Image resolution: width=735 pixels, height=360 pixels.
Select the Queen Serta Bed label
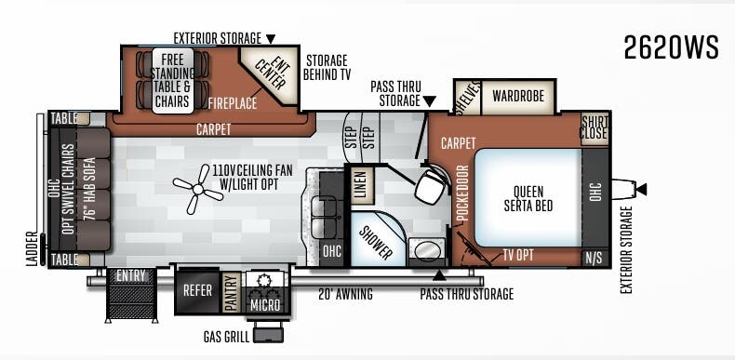pos(528,199)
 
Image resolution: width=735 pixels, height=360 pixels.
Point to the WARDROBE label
pos(517,95)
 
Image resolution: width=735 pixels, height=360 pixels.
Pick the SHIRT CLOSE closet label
pos(594,127)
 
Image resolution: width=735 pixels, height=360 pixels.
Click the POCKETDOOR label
pos(462,193)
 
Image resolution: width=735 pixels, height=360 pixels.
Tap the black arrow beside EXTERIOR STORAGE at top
pos(271,39)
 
